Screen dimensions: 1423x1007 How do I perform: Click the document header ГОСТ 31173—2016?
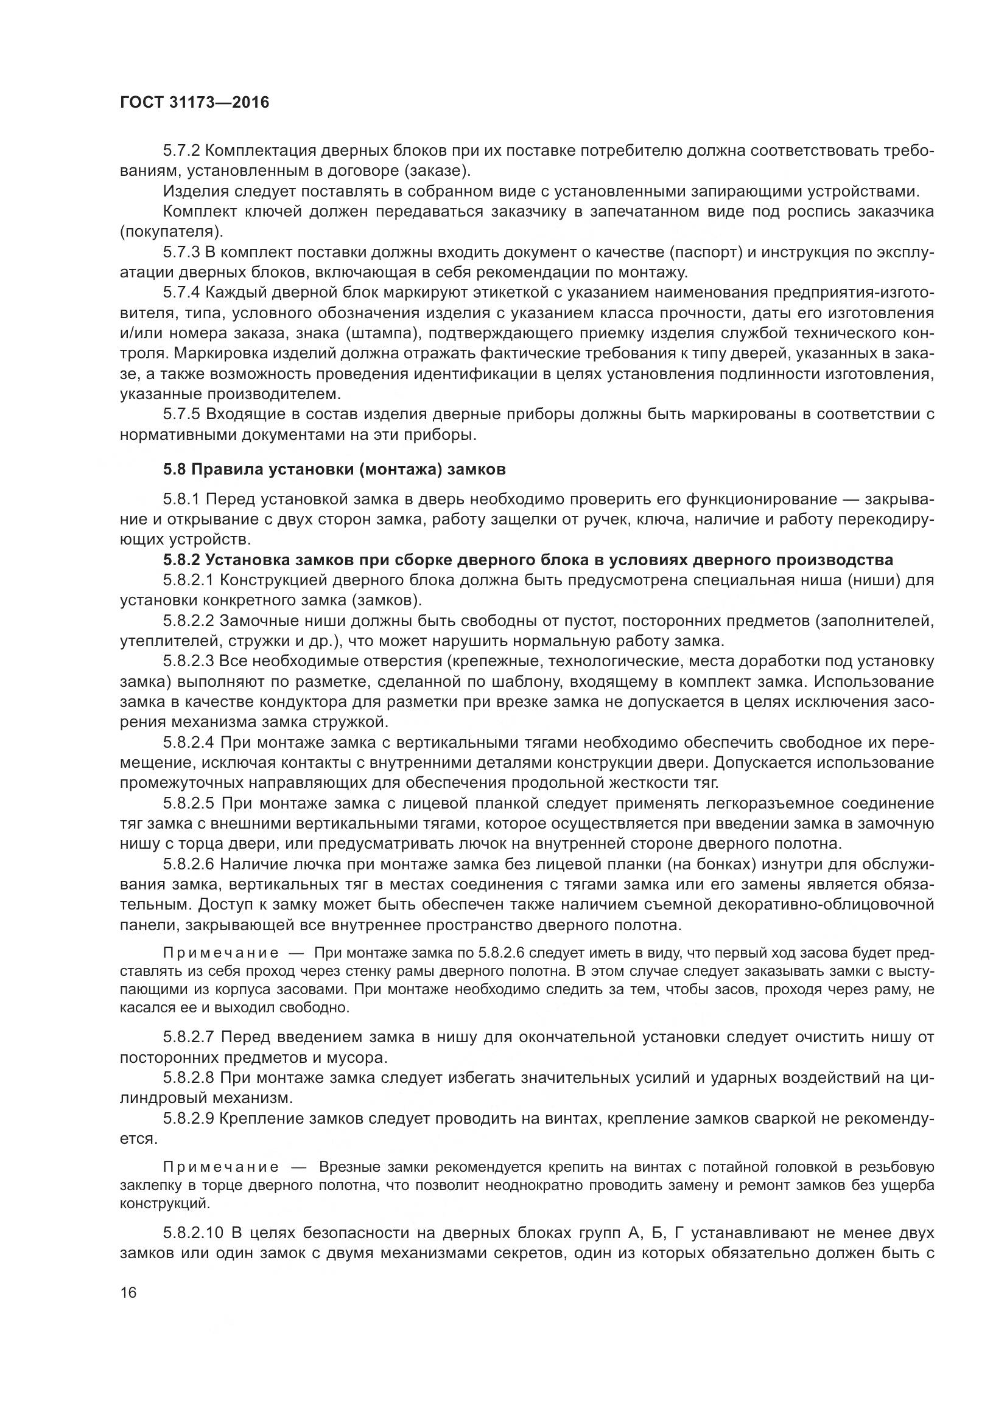pos(194,102)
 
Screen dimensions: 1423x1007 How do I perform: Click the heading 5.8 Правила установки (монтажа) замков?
pos(334,469)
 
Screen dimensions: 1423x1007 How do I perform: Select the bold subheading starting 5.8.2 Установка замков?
pos(528,560)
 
